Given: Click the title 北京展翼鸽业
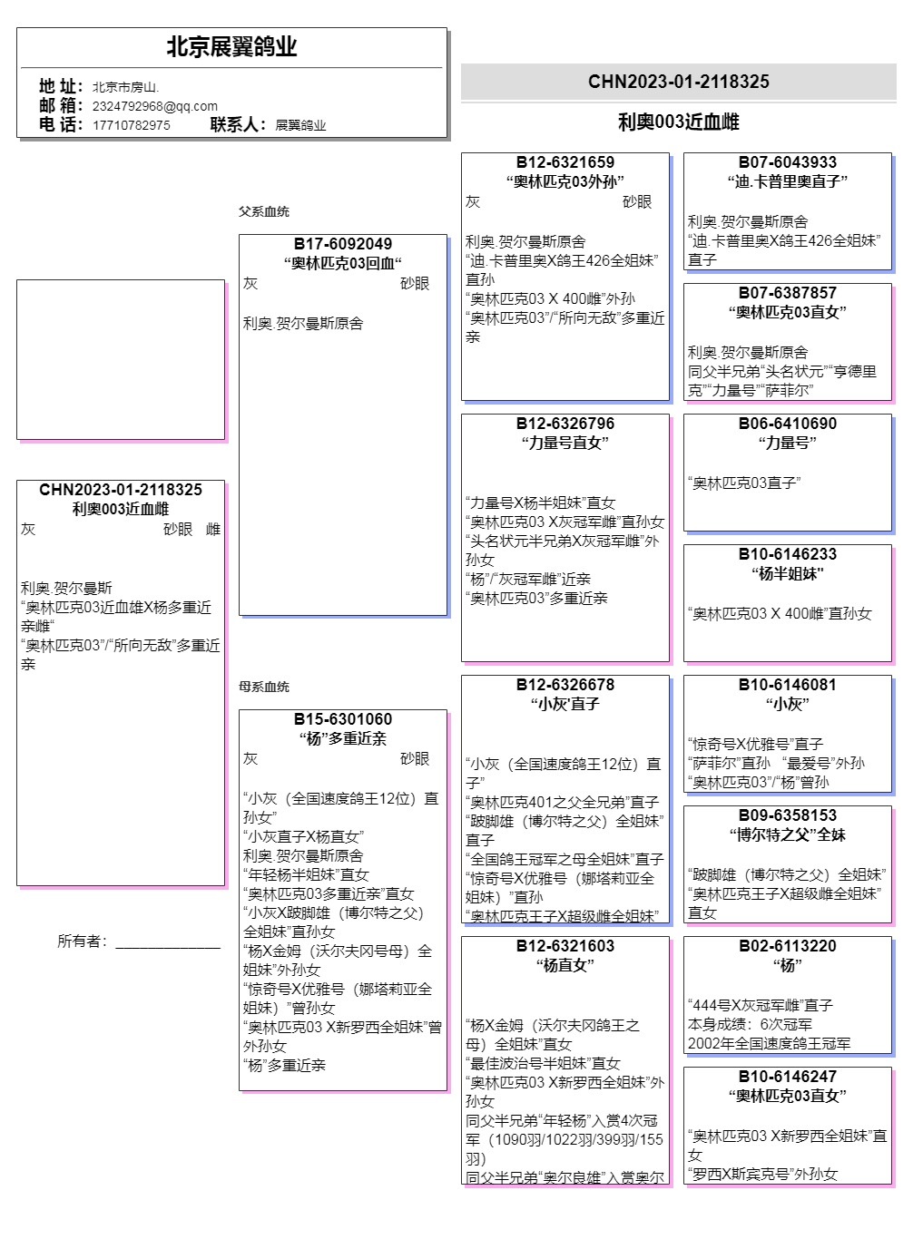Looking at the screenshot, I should [231, 47].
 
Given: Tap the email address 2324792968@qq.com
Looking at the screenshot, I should [154, 106].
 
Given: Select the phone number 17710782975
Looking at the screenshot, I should [131, 125].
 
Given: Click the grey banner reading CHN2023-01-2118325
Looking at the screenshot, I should [678, 82].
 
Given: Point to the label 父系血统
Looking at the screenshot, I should [264, 211].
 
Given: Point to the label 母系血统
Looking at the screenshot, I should [264, 687].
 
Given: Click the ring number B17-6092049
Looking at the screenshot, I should [343, 244].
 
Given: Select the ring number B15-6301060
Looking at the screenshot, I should [343, 719].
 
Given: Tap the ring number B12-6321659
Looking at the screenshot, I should [565, 162].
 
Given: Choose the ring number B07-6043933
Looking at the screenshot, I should [788, 162].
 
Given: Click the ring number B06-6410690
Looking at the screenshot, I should [788, 424].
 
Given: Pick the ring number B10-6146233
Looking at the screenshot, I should [788, 554].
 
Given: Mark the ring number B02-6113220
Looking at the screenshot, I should [788, 946].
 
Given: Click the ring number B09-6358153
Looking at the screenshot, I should [788, 815].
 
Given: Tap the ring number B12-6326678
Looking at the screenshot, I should [565, 685].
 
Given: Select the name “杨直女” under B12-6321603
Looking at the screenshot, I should [565, 965].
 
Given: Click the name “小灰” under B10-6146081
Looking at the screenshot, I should [788, 704].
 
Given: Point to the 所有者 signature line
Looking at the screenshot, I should [168, 946].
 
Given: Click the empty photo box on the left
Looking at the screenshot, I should [121, 359].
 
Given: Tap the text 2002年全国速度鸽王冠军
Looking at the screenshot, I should [770, 1043].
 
